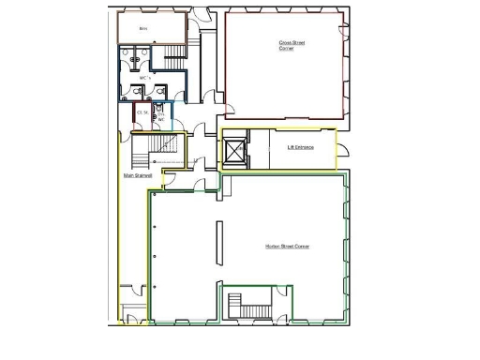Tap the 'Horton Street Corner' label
pos(288,247)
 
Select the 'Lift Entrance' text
pos(300,147)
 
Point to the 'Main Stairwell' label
pos(138,175)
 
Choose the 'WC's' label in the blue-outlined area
pos(144,77)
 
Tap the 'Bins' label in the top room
pos(143,29)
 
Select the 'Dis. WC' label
pos(160,116)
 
